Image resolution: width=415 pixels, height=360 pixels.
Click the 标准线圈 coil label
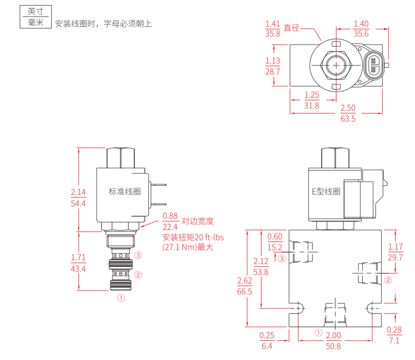click(124, 191)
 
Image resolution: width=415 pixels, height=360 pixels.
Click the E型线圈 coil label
click(325, 191)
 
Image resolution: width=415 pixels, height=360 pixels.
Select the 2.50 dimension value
click(348, 108)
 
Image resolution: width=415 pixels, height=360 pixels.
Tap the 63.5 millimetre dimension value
click(348, 118)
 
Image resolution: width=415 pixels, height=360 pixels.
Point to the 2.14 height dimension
click(78, 192)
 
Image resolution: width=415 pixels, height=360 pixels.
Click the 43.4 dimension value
click(78, 269)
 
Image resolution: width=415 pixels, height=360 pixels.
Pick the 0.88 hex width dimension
click(170, 216)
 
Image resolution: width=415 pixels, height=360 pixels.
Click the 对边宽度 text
click(198, 221)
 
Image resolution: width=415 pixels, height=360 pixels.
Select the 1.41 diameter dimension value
click(273, 23)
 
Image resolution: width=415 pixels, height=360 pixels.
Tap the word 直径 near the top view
click(292, 28)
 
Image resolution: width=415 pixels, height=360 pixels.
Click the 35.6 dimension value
click(361, 33)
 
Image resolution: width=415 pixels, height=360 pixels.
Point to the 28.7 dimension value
click(273, 71)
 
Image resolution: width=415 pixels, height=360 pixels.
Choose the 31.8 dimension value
click(312, 105)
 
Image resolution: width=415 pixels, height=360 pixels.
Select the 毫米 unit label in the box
click(35, 22)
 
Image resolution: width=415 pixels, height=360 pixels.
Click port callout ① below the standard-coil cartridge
click(121, 298)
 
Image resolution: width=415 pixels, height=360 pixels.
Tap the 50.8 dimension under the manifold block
click(333, 346)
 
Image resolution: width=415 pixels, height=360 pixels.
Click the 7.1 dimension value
click(394, 340)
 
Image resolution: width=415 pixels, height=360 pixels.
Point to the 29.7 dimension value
click(395, 257)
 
